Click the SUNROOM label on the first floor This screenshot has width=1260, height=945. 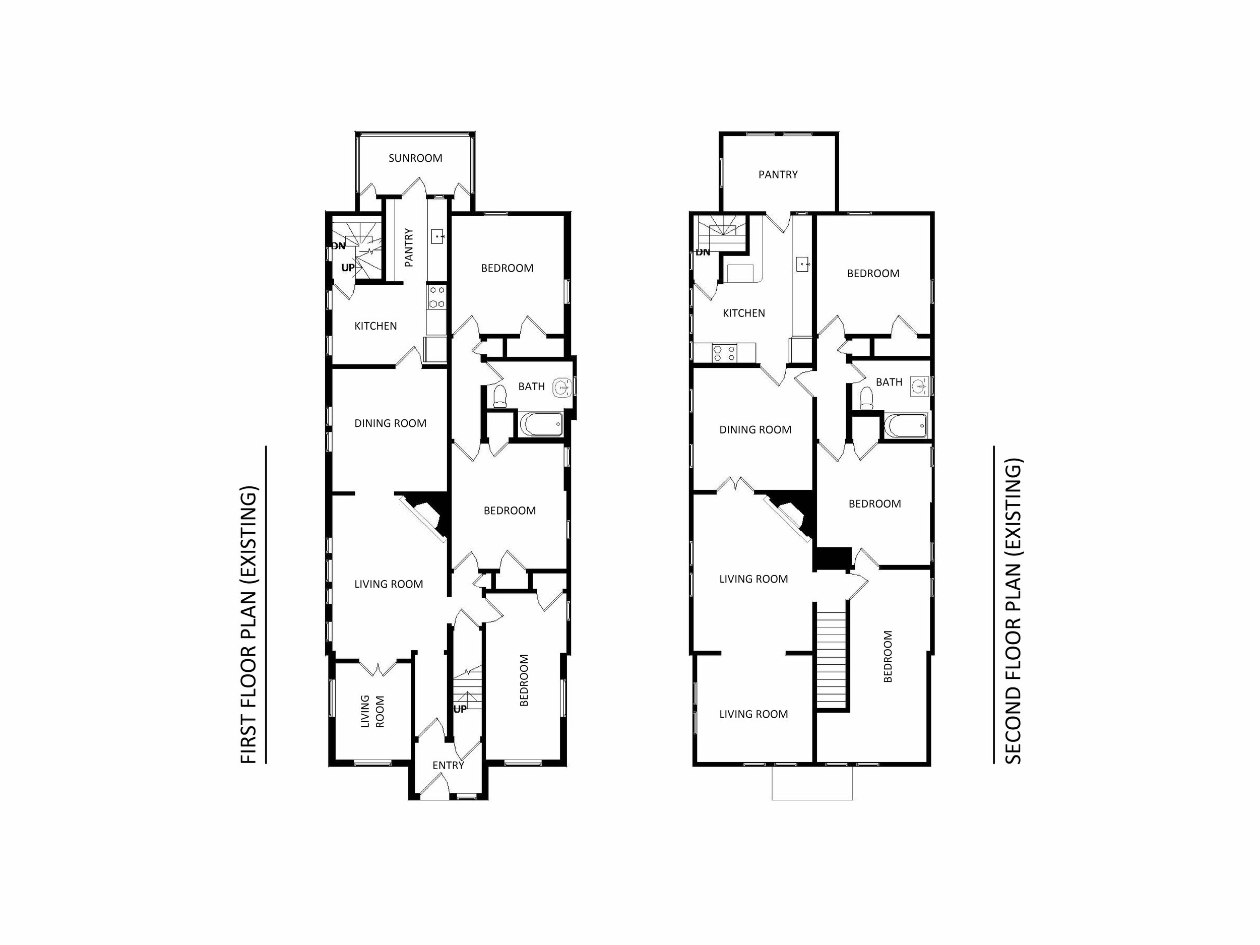point(415,158)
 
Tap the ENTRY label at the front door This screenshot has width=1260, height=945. point(448,765)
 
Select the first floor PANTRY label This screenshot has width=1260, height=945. point(408,248)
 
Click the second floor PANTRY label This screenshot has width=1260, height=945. point(778,175)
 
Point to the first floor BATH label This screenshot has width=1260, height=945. point(531,387)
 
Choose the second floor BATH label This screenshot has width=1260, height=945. point(889,382)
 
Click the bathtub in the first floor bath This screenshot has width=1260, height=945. point(541,425)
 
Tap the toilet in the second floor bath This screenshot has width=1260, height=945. point(866,398)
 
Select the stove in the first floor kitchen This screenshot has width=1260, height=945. point(437,297)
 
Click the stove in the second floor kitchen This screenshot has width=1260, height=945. point(723,353)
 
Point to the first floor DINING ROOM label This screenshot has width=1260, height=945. point(390,423)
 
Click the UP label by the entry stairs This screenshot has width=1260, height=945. point(460,709)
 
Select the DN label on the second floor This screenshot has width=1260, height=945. point(703,253)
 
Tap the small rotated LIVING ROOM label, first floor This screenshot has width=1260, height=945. point(372,711)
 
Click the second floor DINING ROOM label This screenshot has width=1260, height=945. point(755,430)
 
